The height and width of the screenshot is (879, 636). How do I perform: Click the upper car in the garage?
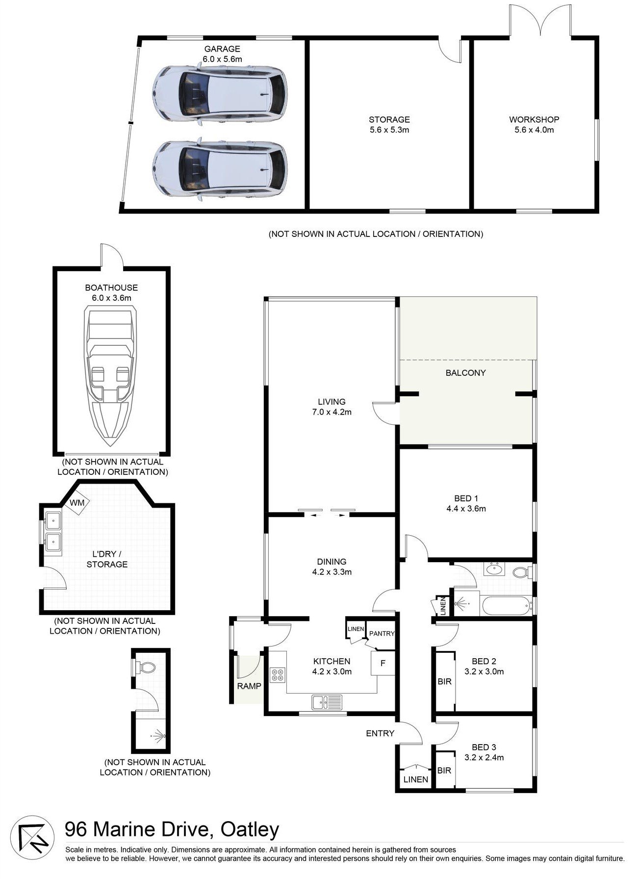click(x=219, y=94)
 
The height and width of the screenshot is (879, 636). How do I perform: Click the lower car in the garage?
click(x=219, y=169)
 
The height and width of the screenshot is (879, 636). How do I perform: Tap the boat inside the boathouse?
click(x=111, y=376)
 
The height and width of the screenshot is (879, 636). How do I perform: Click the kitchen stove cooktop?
click(x=277, y=675)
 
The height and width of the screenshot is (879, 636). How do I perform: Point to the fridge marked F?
click(x=383, y=664)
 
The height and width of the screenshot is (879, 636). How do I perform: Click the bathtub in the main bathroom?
click(x=507, y=606)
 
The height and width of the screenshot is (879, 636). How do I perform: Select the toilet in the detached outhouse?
click(x=146, y=668)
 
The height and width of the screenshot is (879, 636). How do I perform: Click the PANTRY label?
click(x=382, y=633)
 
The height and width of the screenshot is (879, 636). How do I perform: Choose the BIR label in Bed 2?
click(x=444, y=682)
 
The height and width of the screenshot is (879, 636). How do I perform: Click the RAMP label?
click(x=249, y=686)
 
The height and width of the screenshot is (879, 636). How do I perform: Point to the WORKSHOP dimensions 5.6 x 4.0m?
click(x=534, y=130)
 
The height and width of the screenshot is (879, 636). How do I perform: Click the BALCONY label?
click(x=465, y=373)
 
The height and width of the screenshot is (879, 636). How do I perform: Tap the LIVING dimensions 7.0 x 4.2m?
click(x=331, y=412)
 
